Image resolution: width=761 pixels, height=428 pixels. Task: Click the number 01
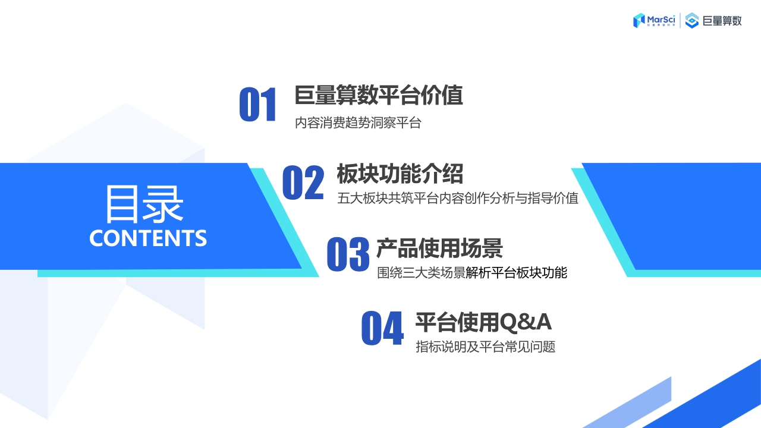(258, 105)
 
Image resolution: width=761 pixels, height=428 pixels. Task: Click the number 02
(303, 183)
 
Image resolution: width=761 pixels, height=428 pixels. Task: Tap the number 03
(348, 255)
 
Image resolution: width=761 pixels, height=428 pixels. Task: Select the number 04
(382, 329)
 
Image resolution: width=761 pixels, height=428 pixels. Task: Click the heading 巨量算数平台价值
(379, 95)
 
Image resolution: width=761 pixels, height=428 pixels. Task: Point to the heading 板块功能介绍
(400, 174)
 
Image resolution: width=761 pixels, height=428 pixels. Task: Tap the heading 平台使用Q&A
(483, 322)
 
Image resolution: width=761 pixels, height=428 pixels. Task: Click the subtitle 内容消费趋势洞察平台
(358, 124)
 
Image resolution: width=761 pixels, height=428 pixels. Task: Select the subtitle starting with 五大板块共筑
(458, 198)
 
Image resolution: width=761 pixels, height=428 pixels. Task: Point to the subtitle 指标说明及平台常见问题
(486, 347)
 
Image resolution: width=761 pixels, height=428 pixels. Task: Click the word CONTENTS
(148, 237)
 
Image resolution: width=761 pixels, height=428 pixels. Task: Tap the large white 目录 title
(144, 204)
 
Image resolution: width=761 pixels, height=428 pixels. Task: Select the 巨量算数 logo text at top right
(722, 21)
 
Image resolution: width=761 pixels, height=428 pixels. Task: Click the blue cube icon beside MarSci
(640, 20)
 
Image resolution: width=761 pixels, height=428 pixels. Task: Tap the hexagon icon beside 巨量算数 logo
(692, 21)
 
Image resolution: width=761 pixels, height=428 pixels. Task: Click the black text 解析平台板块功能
(517, 273)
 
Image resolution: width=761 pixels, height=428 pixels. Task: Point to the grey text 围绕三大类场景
(421, 273)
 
